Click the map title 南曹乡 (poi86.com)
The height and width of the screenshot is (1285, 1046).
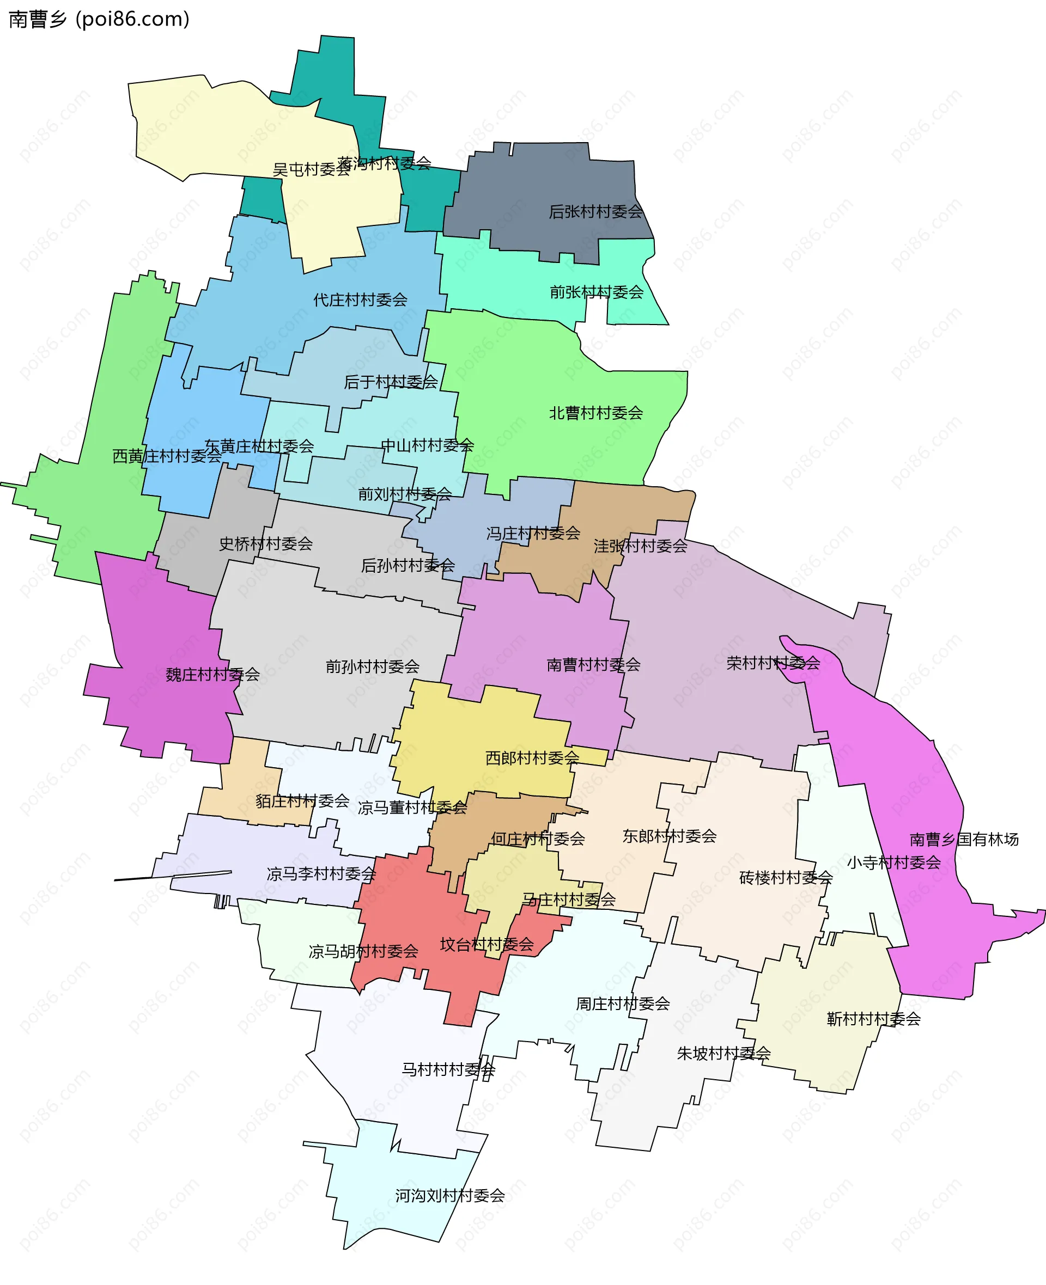99,19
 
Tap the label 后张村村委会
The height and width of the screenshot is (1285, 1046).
595,212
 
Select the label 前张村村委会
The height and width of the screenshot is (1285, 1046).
597,292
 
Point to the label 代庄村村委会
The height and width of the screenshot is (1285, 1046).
360,300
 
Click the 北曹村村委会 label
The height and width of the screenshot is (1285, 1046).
596,413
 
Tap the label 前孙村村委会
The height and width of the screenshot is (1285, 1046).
373,666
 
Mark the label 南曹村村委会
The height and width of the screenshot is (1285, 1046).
593,665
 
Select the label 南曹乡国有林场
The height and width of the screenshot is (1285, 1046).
964,840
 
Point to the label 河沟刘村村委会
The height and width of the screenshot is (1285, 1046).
449,1195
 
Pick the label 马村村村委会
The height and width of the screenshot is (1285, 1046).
448,1069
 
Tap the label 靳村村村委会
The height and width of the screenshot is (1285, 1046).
874,1019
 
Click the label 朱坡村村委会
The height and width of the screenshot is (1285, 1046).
723,1053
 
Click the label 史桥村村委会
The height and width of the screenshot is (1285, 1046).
266,544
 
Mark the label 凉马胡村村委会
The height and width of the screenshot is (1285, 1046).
363,951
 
